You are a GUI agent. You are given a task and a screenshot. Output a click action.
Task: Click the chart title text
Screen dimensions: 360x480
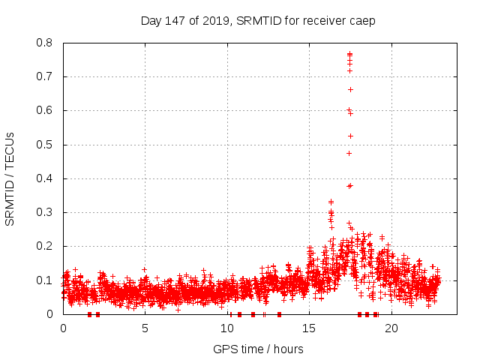pos(258,20)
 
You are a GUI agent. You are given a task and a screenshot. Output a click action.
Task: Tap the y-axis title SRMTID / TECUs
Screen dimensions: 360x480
pos(10,178)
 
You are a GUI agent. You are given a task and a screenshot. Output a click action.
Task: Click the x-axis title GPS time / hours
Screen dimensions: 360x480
pos(258,349)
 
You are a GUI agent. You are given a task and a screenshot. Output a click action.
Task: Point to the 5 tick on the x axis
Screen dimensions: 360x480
pos(145,328)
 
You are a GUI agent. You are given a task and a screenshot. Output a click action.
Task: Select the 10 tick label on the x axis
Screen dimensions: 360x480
pos(227,328)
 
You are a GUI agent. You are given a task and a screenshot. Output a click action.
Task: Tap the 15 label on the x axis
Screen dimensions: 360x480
pos(309,328)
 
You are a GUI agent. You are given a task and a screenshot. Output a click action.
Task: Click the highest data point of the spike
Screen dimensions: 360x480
pos(349,53)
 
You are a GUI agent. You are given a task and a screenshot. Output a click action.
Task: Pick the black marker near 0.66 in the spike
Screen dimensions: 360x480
pos(350,89)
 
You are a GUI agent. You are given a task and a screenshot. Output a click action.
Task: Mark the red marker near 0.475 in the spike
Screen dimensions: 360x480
pos(349,153)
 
